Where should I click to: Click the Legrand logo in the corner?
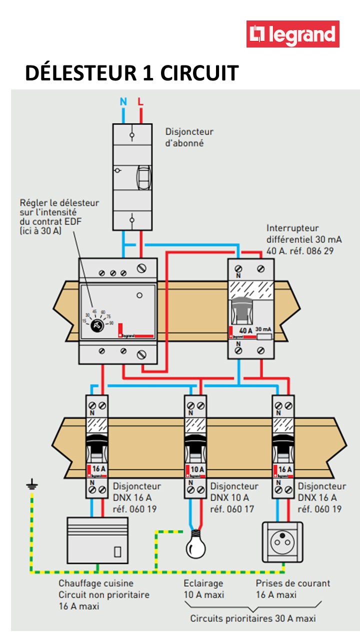click(x=292, y=34)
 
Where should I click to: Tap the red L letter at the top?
click(x=140, y=102)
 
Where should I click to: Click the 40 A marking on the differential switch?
click(x=245, y=331)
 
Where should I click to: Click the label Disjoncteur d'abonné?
click(x=189, y=137)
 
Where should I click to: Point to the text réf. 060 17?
click(x=231, y=509)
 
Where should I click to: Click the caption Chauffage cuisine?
click(x=95, y=583)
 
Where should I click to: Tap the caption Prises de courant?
click(x=292, y=583)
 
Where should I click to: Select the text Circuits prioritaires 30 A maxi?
click(x=252, y=618)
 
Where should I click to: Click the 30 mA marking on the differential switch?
click(x=263, y=330)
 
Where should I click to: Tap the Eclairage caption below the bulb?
click(x=203, y=583)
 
